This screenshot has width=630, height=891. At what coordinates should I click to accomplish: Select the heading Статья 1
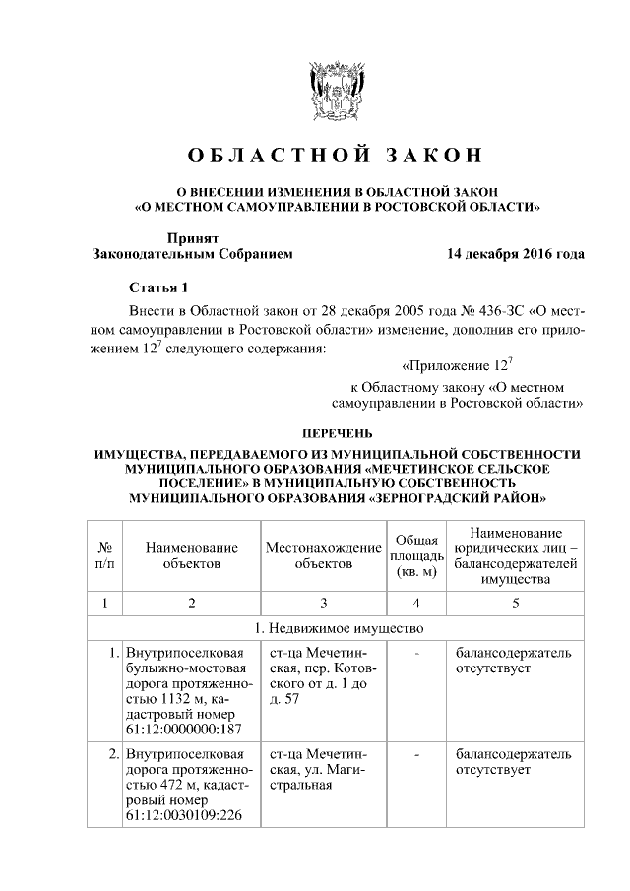pyautogui.click(x=158, y=287)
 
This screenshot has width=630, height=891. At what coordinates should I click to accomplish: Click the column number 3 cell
pyautogui.click(x=323, y=602)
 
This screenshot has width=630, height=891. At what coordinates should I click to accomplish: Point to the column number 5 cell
pyautogui.click(x=515, y=602)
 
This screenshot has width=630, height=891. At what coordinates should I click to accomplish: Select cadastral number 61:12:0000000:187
pyautogui.click(x=184, y=729)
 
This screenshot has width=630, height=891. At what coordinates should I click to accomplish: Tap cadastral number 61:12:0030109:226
pyautogui.click(x=184, y=818)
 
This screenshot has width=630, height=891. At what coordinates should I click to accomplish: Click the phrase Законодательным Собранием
pyautogui.click(x=192, y=254)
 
